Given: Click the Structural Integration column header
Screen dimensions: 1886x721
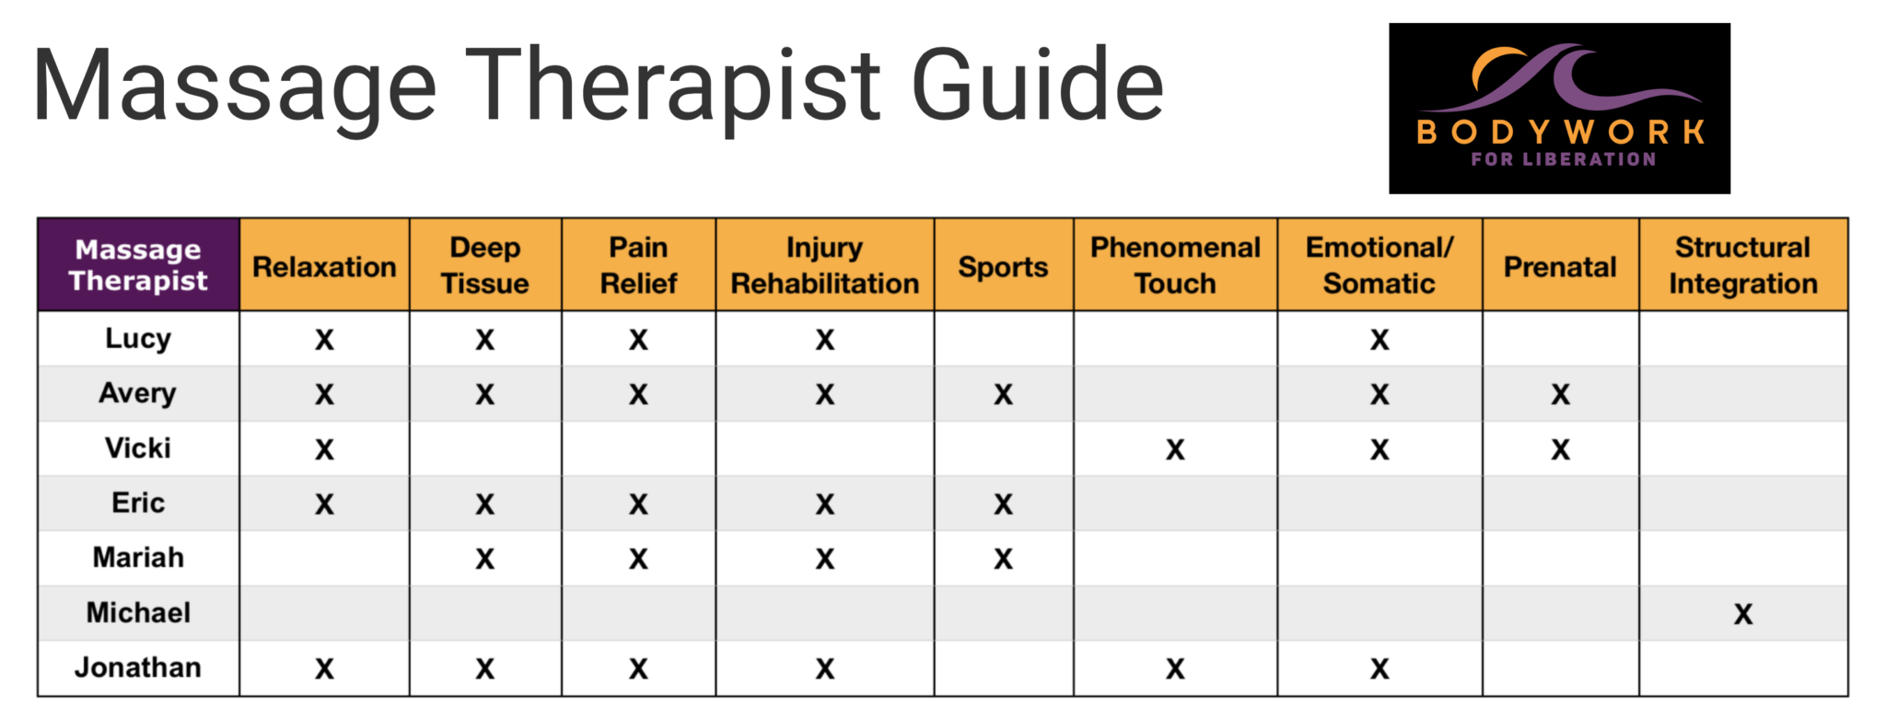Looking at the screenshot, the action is click(1742, 265).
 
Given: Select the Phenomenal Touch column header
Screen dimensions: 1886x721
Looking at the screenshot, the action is click(1175, 265).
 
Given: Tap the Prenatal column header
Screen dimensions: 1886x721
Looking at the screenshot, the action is click(1560, 265).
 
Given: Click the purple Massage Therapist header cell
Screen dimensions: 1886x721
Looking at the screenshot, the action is click(138, 265).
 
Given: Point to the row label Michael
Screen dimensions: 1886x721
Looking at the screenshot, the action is click(138, 612).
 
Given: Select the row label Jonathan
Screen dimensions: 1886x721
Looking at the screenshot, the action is click(138, 667).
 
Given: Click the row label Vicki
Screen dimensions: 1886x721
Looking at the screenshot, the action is click(138, 448).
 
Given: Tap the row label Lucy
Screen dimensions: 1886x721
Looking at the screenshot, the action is click(138, 339).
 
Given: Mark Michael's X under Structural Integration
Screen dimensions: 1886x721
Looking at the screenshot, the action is click(1743, 614).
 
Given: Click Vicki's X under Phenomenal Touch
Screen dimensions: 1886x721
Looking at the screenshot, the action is click(1175, 449).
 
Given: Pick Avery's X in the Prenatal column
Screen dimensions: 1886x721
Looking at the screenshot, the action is click(1560, 395).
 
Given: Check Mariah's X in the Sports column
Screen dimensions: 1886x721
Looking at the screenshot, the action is click(1003, 559).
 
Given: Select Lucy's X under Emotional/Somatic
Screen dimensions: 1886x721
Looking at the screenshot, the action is click(1380, 340).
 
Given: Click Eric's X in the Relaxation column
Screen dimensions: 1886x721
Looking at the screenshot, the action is click(324, 505).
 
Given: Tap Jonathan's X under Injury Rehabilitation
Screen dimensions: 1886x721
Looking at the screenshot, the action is click(825, 669).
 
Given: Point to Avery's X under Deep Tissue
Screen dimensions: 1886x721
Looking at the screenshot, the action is click(485, 395).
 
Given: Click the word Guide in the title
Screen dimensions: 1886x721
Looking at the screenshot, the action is click(1038, 85).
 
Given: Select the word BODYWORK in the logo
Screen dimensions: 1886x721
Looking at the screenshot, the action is click(1560, 133).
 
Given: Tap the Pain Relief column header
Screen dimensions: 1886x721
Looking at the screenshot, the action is click(638, 265).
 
